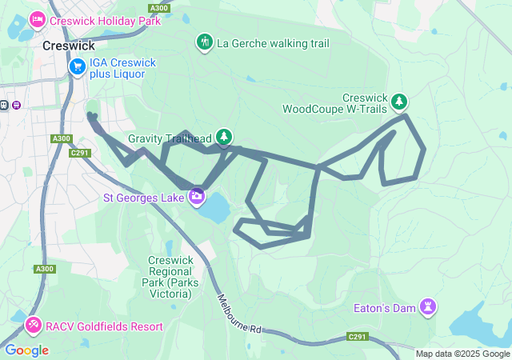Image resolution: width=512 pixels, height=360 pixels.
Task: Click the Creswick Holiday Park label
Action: pyautogui.click(x=105, y=21)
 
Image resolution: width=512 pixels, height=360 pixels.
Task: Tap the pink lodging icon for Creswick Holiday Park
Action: pyautogui.click(x=37, y=19)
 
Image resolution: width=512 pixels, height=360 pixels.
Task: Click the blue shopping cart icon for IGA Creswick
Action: pyautogui.click(x=78, y=67)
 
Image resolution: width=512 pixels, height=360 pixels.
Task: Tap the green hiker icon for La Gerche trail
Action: pyautogui.click(x=205, y=42)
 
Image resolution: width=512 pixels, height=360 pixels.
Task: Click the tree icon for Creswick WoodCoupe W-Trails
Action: pyautogui.click(x=399, y=102)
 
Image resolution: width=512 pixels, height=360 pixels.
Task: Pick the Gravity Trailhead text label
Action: pyautogui.click(x=170, y=138)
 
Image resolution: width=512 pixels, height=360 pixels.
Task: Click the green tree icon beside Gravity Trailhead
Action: pyautogui.click(x=224, y=137)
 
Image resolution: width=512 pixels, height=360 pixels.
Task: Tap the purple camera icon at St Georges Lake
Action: pyautogui.click(x=197, y=196)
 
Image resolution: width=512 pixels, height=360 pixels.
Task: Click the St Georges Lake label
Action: pyautogui.click(x=144, y=197)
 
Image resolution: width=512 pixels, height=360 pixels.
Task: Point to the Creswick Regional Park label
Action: pyautogui.click(x=169, y=277)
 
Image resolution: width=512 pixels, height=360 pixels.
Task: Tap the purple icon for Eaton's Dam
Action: pyautogui.click(x=430, y=306)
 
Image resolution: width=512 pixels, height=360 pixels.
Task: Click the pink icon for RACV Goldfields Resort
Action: pyautogui.click(x=34, y=326)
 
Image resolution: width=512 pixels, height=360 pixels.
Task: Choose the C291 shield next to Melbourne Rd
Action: pyautogui.click(x=357, y=337)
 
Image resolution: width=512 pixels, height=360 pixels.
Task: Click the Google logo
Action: pyautogui.click(x=26, y=350)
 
